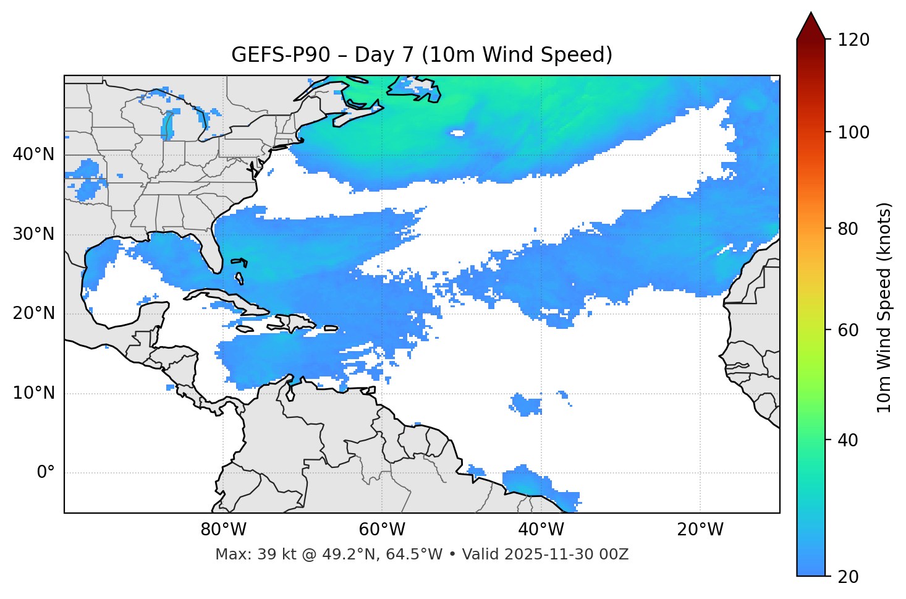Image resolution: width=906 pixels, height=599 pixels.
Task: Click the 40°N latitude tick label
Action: pyautogui.click(x=33, y=155)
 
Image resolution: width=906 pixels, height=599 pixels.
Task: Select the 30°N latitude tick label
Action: pyautogui.click(x=33, y=234)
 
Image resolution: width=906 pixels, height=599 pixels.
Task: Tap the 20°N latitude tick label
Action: pyautogui.click(x=33, y=313)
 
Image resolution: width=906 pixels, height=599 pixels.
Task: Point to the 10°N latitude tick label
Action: pyautogui.click(x=33, y=393)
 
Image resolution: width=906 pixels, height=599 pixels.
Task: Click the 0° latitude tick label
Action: pyautogui.click(x=46, y=473)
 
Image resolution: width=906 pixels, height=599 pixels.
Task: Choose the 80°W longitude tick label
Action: pyautogui.click(x=223, y=530)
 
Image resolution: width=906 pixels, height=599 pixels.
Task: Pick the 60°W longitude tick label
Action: pyautogui.click(x=382, y=530)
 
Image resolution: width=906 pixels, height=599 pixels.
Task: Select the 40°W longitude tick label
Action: pyautogui.click(x=541, y=530)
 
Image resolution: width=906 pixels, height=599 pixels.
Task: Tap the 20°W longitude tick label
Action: pyautogui.click(x=700, y=530)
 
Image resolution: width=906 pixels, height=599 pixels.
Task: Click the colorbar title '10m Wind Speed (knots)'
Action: pyautogui.click(x=884, y=307)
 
